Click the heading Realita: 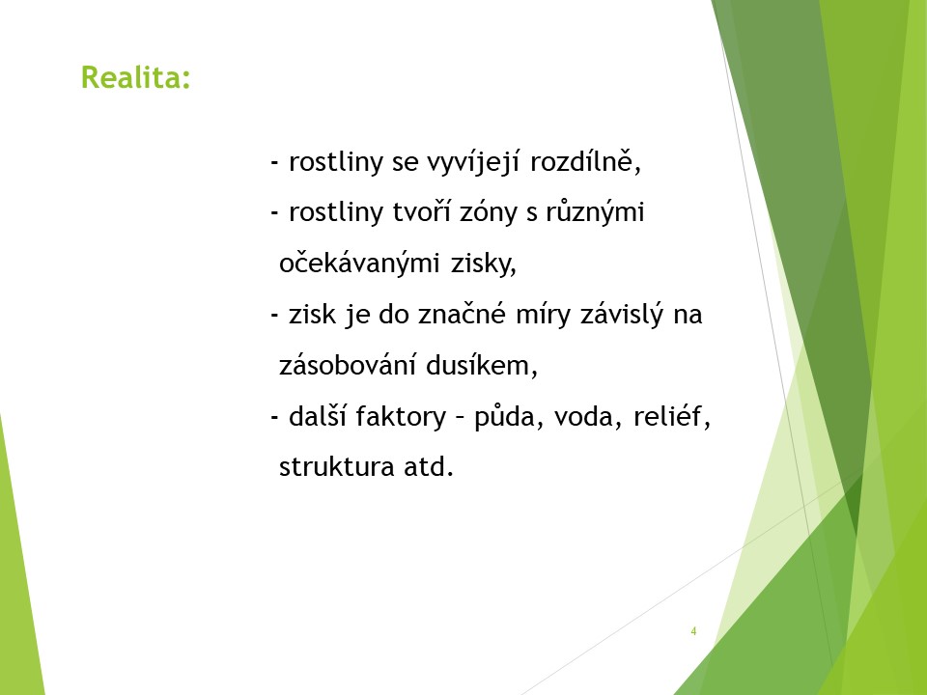pos(136,77)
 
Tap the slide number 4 pos(693,631)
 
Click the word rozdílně pos(585,161)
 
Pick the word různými pos(595,212)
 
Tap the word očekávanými pos(359,264)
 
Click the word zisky pos(484,264)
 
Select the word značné pos(462,314)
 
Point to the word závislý pos(622,315)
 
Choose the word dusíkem pos(481,365)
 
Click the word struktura pos(335,467)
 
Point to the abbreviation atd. pos(429,467)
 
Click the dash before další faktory pos(274,418)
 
